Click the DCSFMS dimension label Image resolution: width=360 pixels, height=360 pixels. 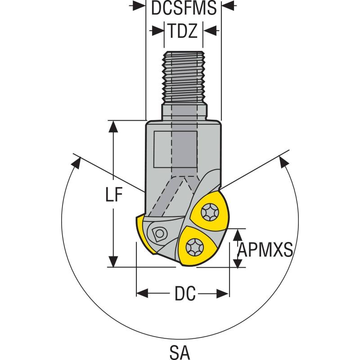tap(184, 8)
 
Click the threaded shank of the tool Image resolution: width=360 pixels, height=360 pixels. tap(184, 76)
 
